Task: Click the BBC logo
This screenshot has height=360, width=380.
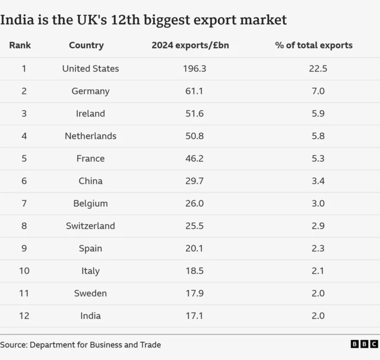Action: pos(364,344)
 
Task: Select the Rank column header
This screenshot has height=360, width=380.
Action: pos(20,45)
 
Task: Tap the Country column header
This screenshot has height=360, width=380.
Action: pos(86,45)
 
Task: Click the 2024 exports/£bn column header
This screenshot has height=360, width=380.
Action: pos(190,45)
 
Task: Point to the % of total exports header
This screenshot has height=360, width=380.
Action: pos(313,45)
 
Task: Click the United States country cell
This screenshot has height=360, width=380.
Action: pos(90,69)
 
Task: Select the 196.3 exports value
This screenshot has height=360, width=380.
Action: pos(195,69)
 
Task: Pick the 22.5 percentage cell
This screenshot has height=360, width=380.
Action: pos(318,69)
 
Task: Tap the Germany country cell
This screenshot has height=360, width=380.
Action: pos(90,91)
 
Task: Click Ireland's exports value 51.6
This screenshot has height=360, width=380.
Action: pos(195,113)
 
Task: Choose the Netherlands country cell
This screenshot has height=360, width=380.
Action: pos(90,136)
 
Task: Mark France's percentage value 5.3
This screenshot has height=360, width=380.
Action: pos(318,159)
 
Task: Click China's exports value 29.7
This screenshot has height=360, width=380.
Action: pos(195,181)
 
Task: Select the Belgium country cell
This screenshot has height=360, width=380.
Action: pos(90,204)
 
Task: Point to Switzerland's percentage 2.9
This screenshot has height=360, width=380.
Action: pos(318,226)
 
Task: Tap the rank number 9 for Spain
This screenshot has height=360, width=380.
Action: pos(24,248)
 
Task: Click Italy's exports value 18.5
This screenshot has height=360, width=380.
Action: pos(195,271)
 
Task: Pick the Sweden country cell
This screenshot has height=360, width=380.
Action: pos(90,293)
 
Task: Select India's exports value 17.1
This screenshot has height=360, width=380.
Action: pos(195,316)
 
